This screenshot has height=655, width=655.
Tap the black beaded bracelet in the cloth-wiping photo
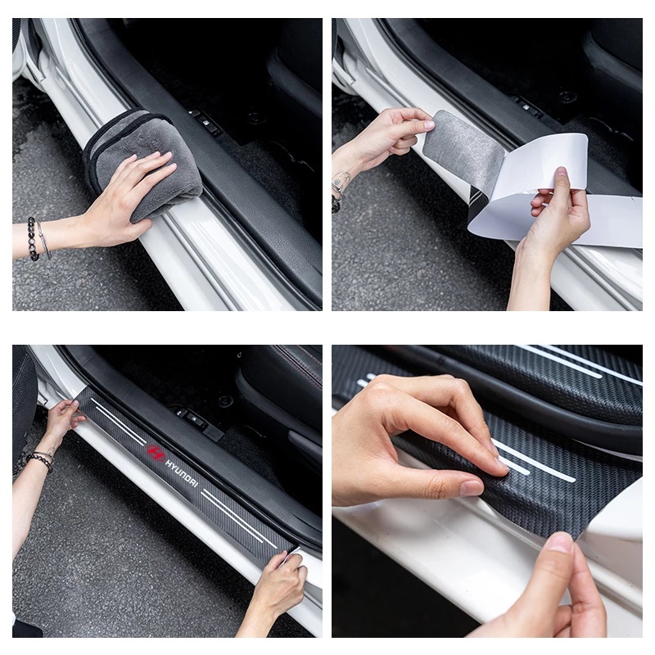(33, 238)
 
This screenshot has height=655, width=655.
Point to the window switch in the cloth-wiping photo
(206, 124)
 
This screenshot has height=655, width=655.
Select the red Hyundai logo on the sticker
(156, 452)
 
